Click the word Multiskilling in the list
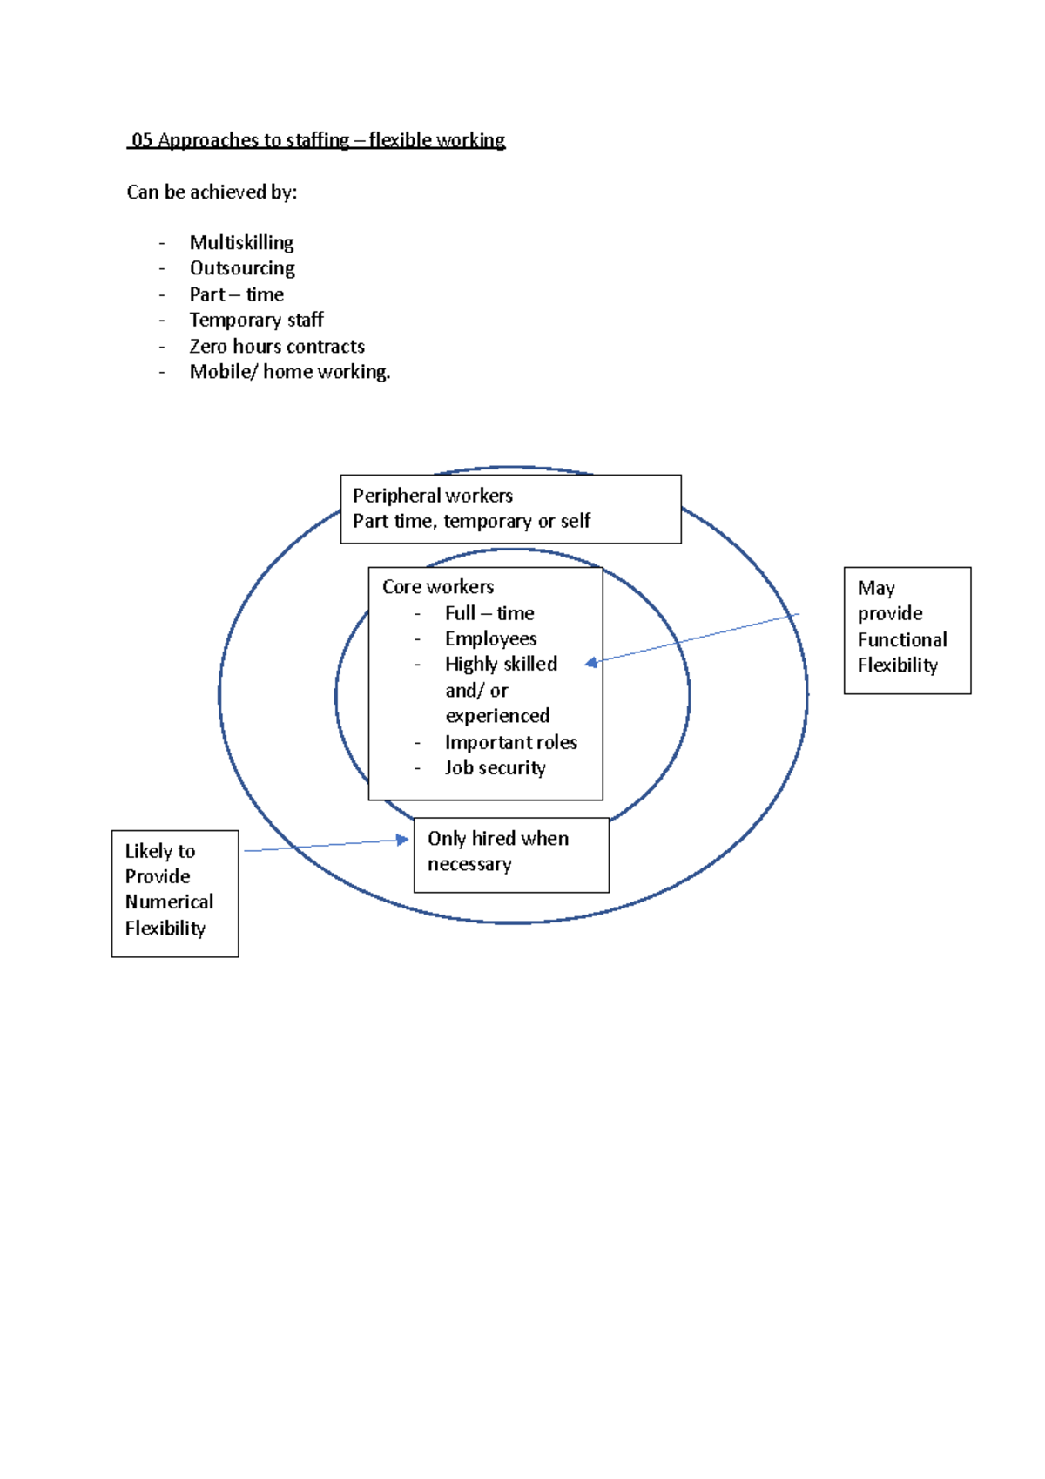click(241, 242)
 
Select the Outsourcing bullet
click(242, 268)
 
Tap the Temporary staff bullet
click(256, 320)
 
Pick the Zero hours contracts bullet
click(277, 346)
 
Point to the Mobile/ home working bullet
click(289, 372)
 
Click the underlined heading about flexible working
click(317, 140)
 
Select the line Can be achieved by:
click(212, 192)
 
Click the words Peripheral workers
click(432, 496)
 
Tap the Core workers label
click(437, 586)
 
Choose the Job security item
click(495, 767)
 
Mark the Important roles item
click(510, 742)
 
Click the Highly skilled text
click(501, 664)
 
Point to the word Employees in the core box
click(490, 638)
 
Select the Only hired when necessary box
click(511, 854)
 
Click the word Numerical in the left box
click(169, 902)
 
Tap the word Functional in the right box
click(901, 639)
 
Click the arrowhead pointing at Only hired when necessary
click(402, 840)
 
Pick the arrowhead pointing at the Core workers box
click(591, 663)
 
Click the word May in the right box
click(875, 588)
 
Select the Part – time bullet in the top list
click(236, 294)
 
